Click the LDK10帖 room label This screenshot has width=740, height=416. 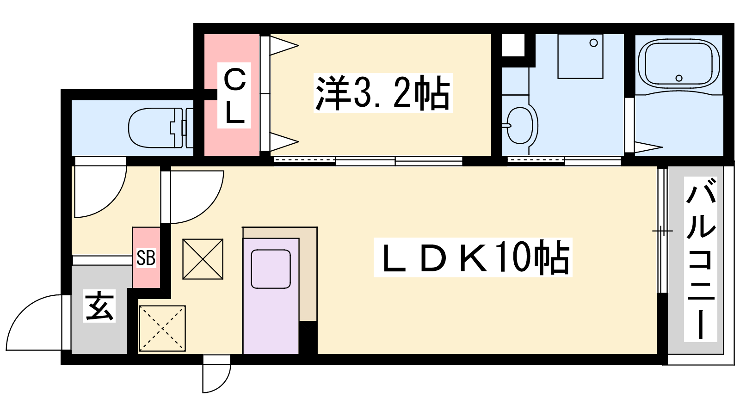point(473,257)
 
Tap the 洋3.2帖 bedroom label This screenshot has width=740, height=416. point(383,93)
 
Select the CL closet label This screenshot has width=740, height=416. point(234,95)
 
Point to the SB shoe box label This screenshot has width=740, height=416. point(146,258)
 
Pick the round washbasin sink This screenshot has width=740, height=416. point(520,125)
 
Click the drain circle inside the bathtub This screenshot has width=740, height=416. point(679,78)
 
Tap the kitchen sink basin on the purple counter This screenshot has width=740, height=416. point(271,269)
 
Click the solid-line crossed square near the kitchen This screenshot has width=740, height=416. point(203,259)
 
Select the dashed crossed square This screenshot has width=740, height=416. point(162,329)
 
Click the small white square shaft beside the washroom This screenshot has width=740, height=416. point(513,45)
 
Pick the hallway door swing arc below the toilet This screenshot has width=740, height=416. point(111,202)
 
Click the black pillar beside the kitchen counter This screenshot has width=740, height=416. point(308,338)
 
